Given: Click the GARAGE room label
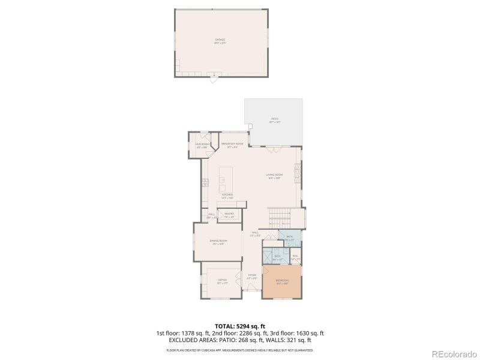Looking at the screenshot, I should coord(220,40).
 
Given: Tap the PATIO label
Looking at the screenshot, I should coord(275,121).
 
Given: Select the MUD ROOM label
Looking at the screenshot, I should coord(202,145).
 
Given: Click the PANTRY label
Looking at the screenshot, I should coord(229,214).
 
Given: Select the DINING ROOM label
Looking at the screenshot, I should coord(218,242).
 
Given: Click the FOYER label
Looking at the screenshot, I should coord(253,276).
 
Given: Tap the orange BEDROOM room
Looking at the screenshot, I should coord(282,281).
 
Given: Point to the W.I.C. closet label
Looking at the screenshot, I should coord(295,257).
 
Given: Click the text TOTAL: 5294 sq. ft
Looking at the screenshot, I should coord(240,326).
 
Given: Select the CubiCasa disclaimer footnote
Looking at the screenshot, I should coord(240,350).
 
